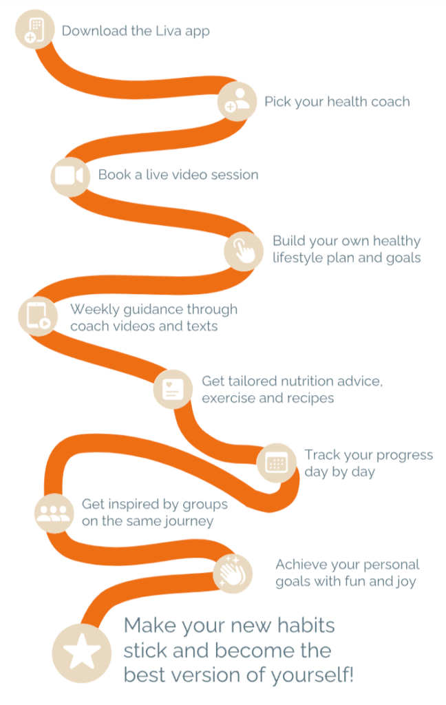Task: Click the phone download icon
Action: (34, 30)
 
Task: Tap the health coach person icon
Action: (237, 101)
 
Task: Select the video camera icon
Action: (69, 176)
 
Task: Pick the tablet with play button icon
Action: (39, 316)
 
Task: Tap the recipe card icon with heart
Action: (173, 389)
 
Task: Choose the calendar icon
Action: (277, 463)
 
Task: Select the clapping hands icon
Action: (232, 572)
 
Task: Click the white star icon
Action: (82, 652)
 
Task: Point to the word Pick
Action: (277, 102)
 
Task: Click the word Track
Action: (322, 454)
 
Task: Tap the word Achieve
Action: (298, 565)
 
